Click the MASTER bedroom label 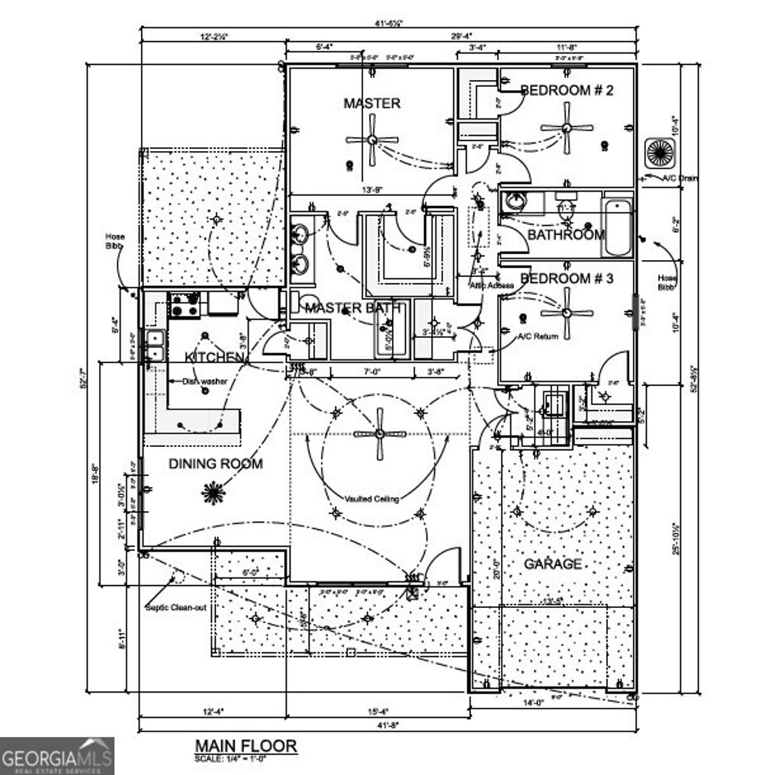(x=371, y=103)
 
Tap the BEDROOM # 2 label (x=567, y=90)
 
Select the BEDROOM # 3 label (x=567, y=278)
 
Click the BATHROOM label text (x=566, y=235)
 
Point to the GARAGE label (x=552, y=564)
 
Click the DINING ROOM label (x=215, y=463)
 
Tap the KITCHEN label (x=214, y=357)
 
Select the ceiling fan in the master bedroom (x=371, y=140)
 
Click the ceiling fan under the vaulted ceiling (x=381, y=433)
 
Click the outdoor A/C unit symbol (x=658, y=153)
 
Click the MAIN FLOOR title (x=245, y=744)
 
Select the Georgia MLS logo (x=57, y=756)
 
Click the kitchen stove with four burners (x=185, y=305)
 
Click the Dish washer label (x=204, y=381)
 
